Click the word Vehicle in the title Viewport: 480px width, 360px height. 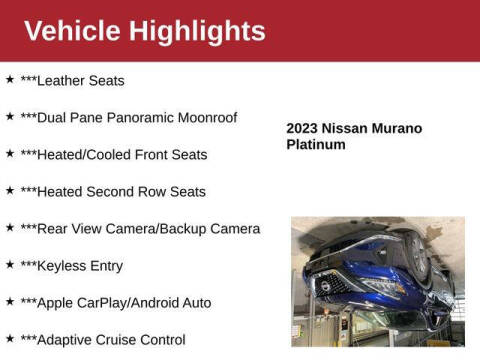coord(71,31)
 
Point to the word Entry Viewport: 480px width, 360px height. coord(105,265)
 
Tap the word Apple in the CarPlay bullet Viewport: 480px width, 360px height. coord(56,302)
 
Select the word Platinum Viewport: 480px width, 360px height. coord(316,144)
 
